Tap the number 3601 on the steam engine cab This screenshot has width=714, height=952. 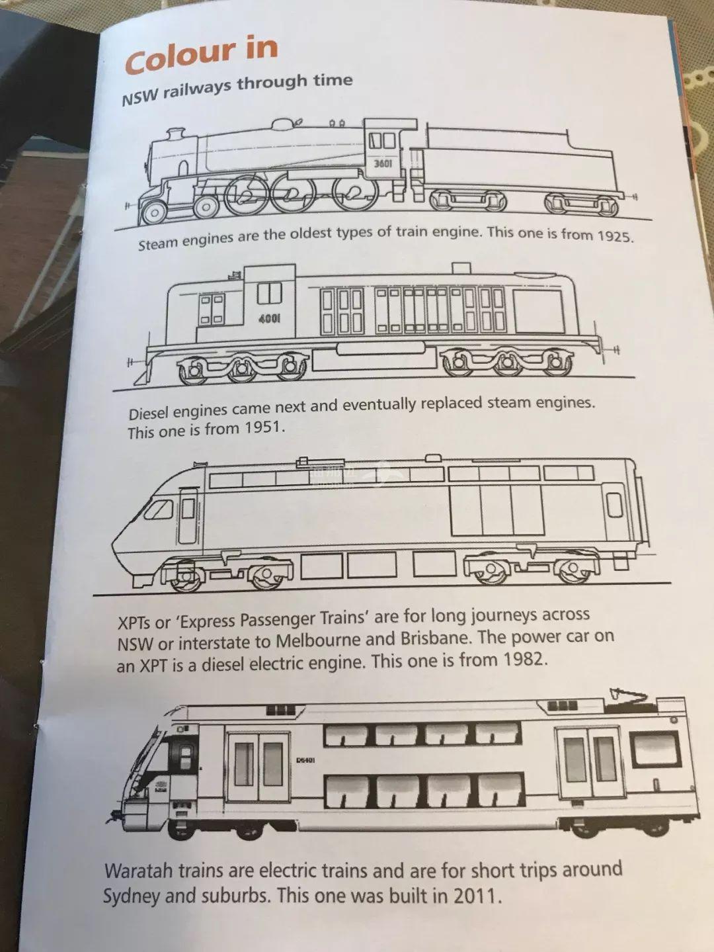click(x=383, y=163)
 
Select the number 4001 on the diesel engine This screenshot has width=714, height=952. click(x=270, y=319)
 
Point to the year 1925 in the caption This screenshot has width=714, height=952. click(x=615, y=236)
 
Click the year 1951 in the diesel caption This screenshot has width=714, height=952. click(x=264, y=429)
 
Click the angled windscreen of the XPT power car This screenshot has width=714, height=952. click(x=158, y=509)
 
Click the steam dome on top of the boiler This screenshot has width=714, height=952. click(x=284, y=124)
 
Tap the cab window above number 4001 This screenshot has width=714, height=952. click(x=270, y=293)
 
